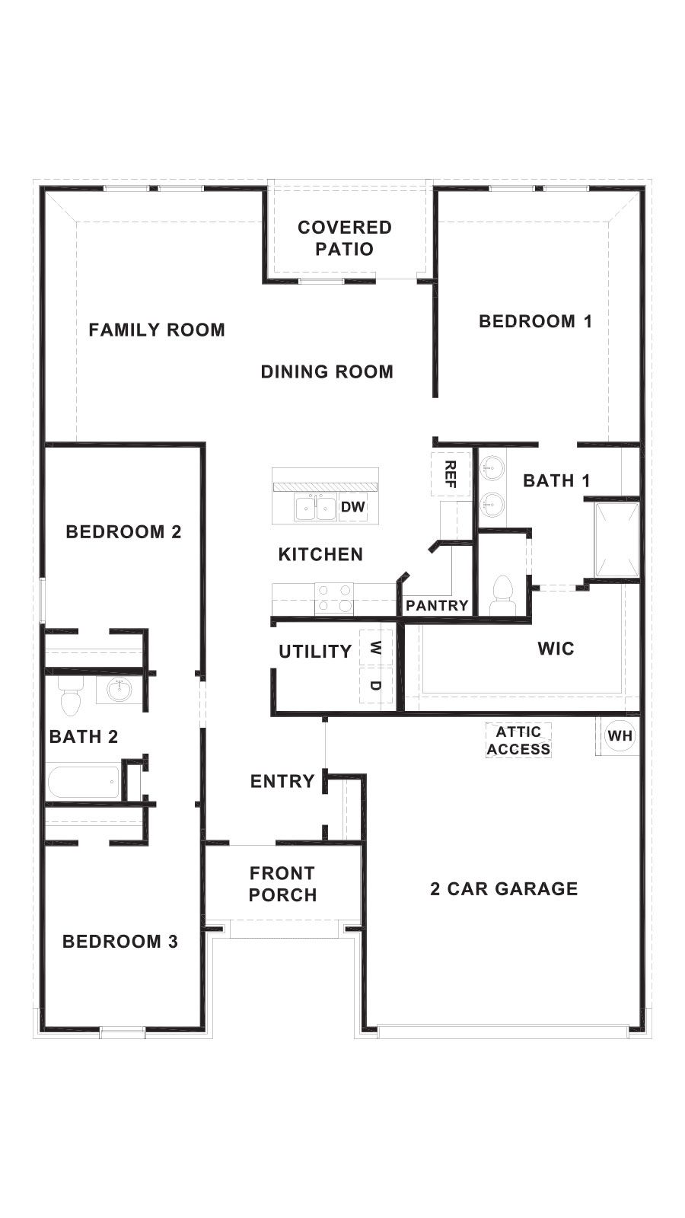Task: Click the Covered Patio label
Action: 345,238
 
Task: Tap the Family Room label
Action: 157,330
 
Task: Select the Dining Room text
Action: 327,371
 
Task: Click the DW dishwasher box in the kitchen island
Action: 353,507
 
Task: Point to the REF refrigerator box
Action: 450,474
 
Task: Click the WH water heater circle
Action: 620,736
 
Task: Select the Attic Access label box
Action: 519,741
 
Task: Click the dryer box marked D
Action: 376,685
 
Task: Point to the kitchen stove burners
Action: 334,598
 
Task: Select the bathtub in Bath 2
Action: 84,783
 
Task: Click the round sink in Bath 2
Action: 119,690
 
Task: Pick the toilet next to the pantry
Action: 502,593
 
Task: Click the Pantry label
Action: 437,606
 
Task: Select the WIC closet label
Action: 556,649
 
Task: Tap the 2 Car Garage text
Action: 504,888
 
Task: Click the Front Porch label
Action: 282,884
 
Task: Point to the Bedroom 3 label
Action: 120,942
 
